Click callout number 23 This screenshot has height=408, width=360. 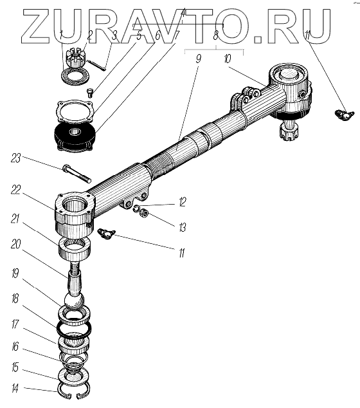point(15,158)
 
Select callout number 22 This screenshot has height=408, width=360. point(15,190)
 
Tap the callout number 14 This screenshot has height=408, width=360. point(15,389)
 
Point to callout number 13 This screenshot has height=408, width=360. point(183,227)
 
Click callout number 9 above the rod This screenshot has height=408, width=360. point(198,59)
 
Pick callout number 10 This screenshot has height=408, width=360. point(227,59)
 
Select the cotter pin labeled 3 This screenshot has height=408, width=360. point(96,65)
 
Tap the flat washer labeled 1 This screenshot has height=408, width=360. point(75,76)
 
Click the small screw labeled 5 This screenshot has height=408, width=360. point(90,93)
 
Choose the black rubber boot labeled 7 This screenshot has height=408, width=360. point(75,136)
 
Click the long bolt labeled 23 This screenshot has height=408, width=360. point(76,173)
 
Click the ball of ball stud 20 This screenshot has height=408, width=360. point(75,301)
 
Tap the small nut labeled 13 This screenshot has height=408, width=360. point(143,213)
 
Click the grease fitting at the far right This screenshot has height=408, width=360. point(344,115)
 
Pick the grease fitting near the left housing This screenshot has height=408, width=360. point(106,233)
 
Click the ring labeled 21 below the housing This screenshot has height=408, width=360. point(75,250)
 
